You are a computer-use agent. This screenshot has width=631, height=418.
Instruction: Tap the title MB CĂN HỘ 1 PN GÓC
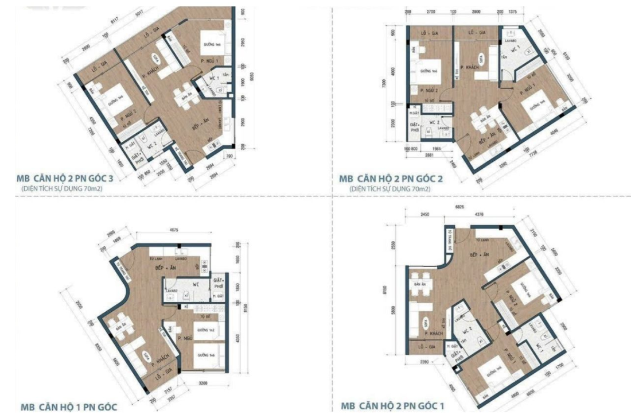(x=69, y=407)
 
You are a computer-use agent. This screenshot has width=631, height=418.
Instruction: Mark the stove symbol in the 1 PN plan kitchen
(x=204, y=267)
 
